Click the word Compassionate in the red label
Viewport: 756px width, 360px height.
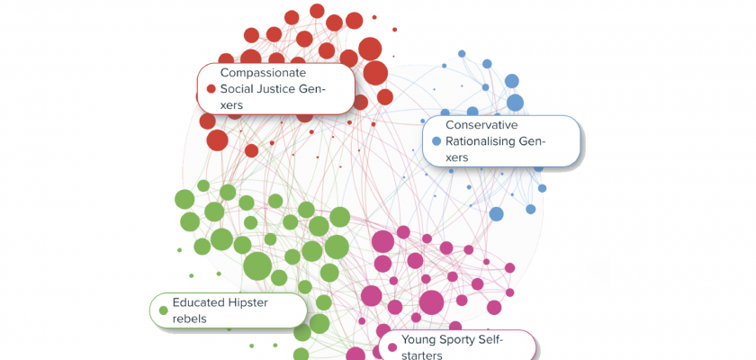pyautogui.click(x=263, y=72)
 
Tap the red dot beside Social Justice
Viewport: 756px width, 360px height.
pyautogui.click(x=211, y=88)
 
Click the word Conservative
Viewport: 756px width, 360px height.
pyautogui.click(x=481, y=124)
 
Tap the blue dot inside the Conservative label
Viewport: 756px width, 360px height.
pyautogui.click(x=436, y=140)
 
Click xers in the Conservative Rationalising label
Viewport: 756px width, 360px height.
pyautogui.click(x=457, y=157)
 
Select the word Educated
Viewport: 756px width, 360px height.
pyautogui.click(x=202, y=302)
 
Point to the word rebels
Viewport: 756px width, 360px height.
pyautogui.click(x=190, y=318)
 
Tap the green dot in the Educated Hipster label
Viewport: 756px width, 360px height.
pyautogui.click(x=163, y=310)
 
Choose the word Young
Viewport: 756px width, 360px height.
pyautogui.click(x=420, y=339)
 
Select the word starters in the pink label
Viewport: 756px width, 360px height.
pyautogui.click(x=422, y=355)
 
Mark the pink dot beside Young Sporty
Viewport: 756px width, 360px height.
pyautogui.click(x=391, y=346)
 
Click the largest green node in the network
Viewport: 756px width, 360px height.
pyautogui.click(x=257, y=265)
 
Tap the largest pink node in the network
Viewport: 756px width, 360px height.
pyautogui.click(x=431, y=302)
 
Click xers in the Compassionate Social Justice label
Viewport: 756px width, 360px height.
pyautogui.click(x=232, y=104)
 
